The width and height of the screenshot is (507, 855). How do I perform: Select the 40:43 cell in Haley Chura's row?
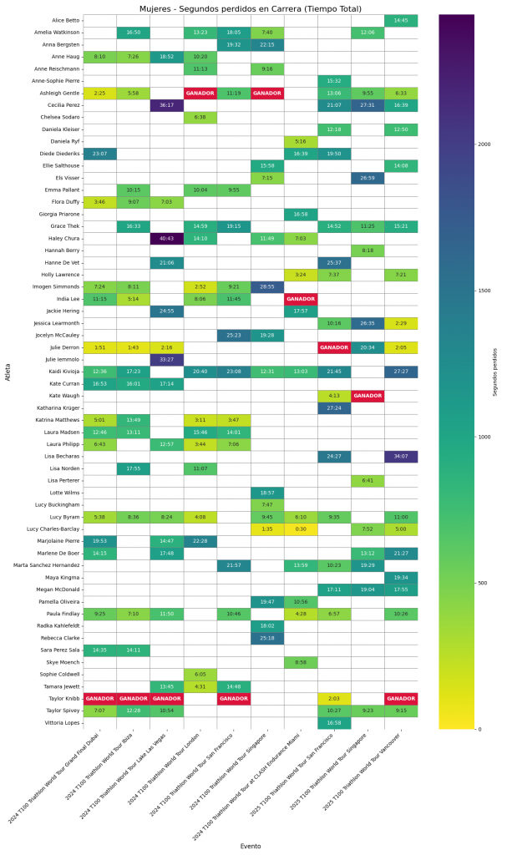pos(167,238)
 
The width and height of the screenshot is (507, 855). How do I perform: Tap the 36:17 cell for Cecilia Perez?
pos(167,105)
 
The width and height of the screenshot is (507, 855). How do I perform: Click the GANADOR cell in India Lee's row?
pos(301,298)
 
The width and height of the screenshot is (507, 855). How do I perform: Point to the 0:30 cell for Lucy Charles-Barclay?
pos(301,529)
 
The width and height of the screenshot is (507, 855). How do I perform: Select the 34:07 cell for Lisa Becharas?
pos(401,456)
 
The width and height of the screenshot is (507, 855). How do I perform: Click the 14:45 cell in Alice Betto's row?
pos(401,19)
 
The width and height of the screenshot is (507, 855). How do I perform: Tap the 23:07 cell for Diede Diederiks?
pos(100,154)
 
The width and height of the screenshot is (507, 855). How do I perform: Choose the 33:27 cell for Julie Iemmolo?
pos(167,359)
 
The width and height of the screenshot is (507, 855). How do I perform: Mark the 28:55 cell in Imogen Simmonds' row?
pos(267,286)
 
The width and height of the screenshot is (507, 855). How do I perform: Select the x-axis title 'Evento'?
pos(251,846)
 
